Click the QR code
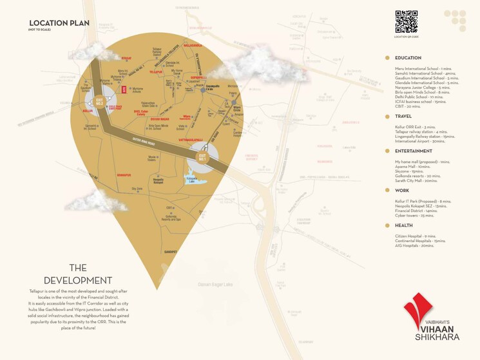pos(407,22)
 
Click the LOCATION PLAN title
pos(59,23)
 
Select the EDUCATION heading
pos(408,59)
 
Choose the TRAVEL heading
pos(403,117)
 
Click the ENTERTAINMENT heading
pos(414,151)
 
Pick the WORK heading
pos(402,191)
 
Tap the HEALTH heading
pos(404,226)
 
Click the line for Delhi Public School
pos(419,97)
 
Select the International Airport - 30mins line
pos(421,141)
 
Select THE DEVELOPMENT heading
pos(78,274)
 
